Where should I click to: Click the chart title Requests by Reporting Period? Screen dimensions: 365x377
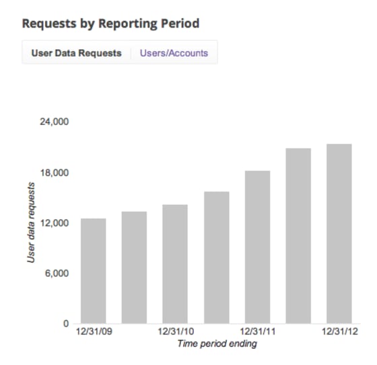pyautogui.click(x=110, y=24)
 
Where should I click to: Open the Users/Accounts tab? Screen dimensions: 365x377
pyautogui.click(x=174, y=53)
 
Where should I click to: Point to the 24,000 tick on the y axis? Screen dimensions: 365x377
pyautogui.click(x=53, y=122)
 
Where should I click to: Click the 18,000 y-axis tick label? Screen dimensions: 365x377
pyautogui.click(x=53, y=173)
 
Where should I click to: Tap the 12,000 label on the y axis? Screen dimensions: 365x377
pyautogui.click(x=53, y=223)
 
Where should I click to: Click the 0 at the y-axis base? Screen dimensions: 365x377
pyautogui.click(x=66, y=323)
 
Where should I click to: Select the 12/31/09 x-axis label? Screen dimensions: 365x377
pyautogui.click(x=93, y=332)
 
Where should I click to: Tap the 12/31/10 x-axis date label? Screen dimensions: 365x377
pyautogui.click(x=175, y=332)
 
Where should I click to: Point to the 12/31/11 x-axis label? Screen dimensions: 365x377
pyautogui.click(x=257, y=332)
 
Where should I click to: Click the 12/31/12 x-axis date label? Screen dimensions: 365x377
pyautogui.click(x=339, y=332)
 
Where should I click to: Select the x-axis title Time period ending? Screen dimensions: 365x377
pyautogui.click(x=217, y=344)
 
